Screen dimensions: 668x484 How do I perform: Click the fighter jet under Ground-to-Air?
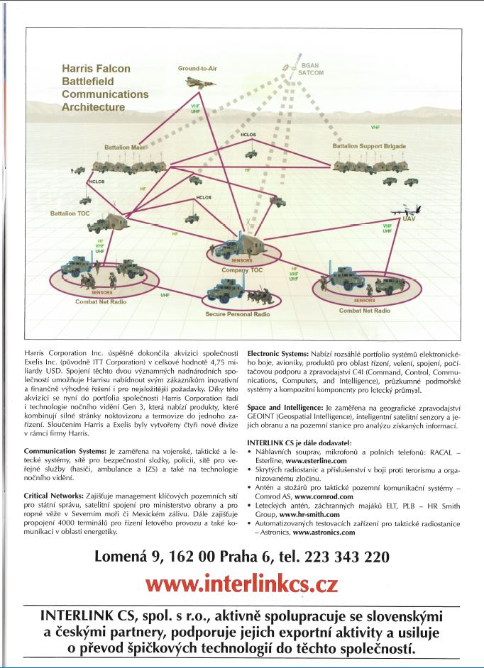[195, 83]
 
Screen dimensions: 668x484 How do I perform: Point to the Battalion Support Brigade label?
[369, 146]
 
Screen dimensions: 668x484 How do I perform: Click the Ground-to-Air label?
[196, 68]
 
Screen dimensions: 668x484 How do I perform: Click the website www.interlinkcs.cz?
[242, 584]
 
